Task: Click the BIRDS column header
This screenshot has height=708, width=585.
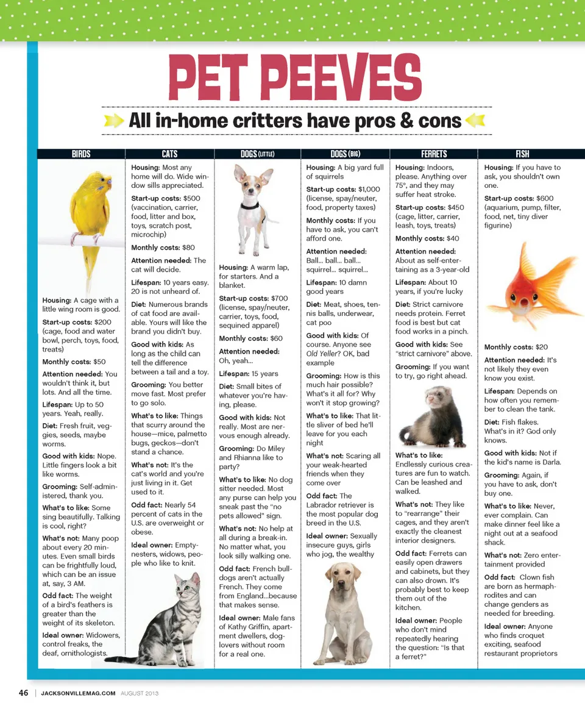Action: pos(81,154)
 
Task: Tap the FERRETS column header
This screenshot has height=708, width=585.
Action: pos(434,154)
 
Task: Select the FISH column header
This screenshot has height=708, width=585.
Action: pos(522,154)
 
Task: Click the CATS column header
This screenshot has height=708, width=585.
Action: pos(169,154)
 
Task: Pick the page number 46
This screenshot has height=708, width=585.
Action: pos(24,693)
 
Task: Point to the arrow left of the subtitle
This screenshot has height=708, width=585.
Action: pos(114,120)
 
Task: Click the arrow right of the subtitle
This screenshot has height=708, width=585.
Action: pos(474,120)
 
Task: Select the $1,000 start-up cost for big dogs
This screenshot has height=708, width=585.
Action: pos(369,190)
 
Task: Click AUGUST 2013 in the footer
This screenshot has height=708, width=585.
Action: pos(140,693)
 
